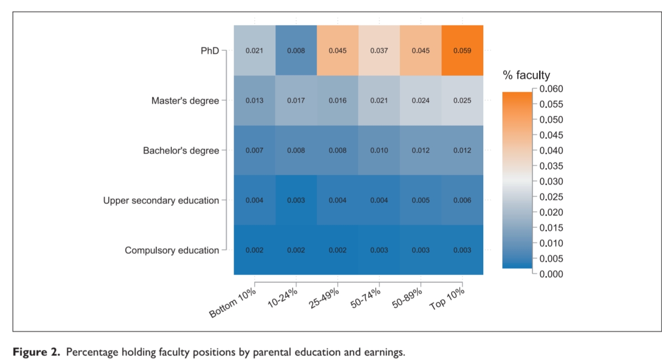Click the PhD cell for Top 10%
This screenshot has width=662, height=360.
coord(462,50)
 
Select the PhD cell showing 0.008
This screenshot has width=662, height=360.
coord(296,50)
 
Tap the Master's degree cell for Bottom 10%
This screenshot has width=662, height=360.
coord(254,100)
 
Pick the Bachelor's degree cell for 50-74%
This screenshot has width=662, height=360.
coord(379,150)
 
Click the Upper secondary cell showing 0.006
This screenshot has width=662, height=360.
coord(462,200)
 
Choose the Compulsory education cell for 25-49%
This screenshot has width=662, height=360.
coord(338,250)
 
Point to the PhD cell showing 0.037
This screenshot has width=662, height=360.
coord(379,50)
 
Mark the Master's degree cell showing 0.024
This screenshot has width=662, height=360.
coord(421,100)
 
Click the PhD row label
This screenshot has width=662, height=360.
coord(210,51)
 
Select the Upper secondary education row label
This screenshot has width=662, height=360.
coord(161,200)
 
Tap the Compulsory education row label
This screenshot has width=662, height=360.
coord(172,250)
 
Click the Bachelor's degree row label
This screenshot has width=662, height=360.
coord(181,150)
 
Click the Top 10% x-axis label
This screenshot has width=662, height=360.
coord(448,298)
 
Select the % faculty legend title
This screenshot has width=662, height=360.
coord(526,75)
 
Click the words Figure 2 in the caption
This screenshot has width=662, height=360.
coord(35,352)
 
